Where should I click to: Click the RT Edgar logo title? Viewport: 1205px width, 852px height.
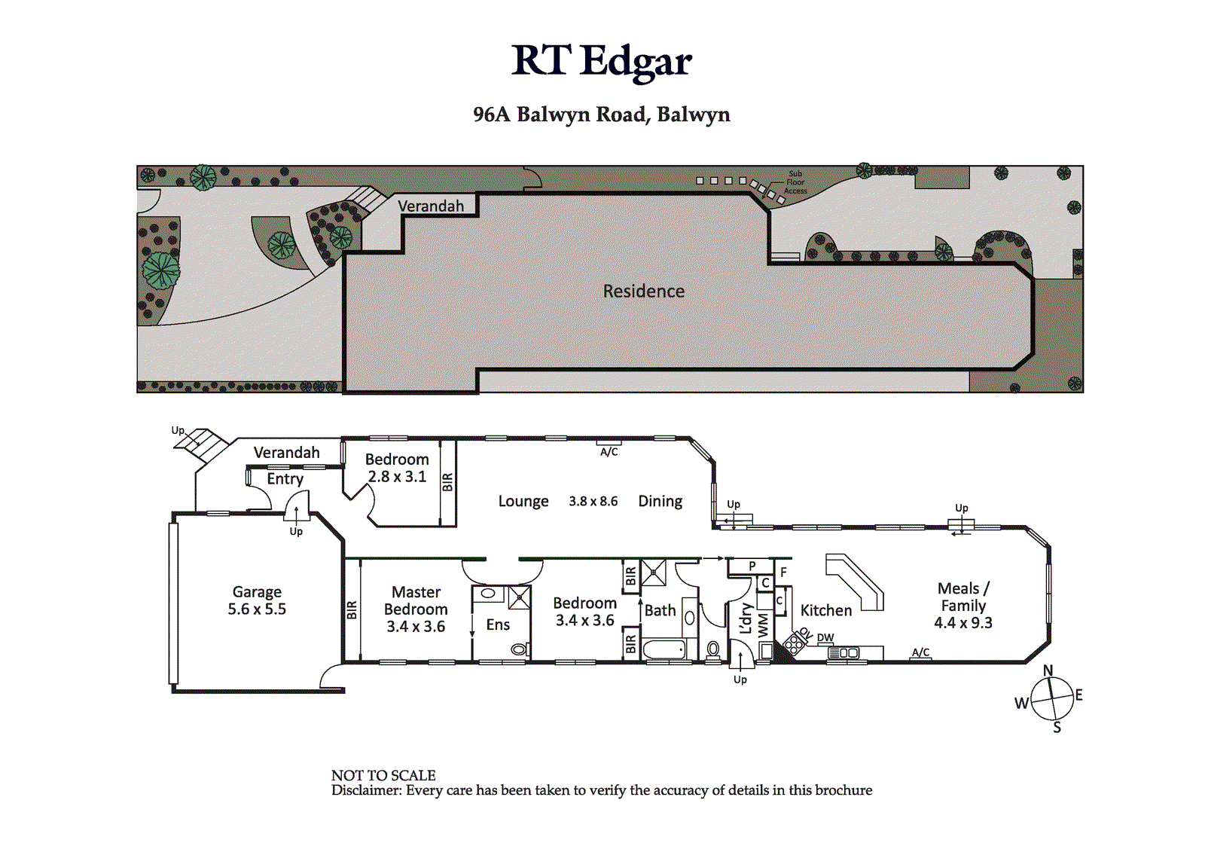[x=602, y=62]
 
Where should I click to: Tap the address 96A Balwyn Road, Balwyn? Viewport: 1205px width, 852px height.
[x=602, y=115]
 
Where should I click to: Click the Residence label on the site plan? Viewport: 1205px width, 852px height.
[x=643, y=292]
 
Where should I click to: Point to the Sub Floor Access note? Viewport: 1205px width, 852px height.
[x=795, y=182]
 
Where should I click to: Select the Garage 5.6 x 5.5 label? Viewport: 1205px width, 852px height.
[x=257, y=600]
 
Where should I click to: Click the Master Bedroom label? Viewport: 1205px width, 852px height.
[x=416, y=609]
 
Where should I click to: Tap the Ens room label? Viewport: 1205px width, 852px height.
[x=498, y=624]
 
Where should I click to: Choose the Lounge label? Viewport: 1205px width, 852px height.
[x=523, y=501]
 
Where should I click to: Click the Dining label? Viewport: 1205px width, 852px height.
[x=660, y=501]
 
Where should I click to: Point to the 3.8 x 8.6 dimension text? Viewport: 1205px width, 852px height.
[x=593, y=501]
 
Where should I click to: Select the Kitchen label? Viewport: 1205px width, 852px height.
[x=825, y=610]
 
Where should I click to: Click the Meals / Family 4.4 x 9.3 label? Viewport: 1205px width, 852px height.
[x=963, y=606]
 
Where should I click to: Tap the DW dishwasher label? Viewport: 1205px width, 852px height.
[x=825, y=637]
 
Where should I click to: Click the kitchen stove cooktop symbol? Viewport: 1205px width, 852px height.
[x=794, y=642]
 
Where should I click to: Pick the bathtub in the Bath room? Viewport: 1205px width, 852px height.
[x=664, y=649]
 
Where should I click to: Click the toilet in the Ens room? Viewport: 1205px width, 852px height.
[x=520, y=649]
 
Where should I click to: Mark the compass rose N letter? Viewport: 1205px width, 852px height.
[x=1048, y=670]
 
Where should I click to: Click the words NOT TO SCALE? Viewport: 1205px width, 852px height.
[x=383, y=776]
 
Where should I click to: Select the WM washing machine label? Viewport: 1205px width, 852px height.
[x=764, y=626]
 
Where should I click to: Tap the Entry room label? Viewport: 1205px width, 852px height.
[x=285, y=479]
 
